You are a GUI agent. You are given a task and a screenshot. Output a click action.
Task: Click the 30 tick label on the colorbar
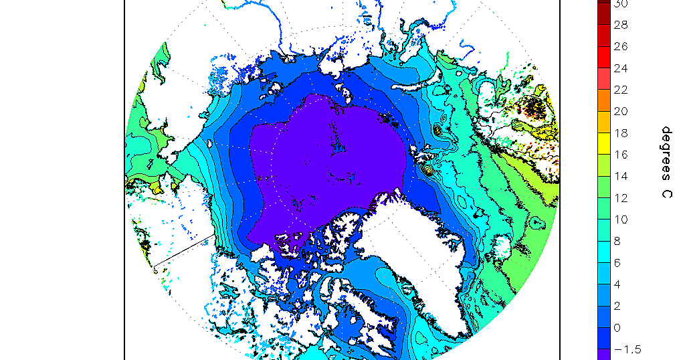point(621,3)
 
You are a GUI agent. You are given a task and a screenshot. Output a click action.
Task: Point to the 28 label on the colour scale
point(621,25)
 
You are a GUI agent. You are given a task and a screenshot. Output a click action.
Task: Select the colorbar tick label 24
point(621,68)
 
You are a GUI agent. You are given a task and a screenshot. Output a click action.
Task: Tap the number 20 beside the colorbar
point(621,111)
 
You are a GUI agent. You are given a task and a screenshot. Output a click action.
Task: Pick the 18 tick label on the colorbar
point(621,133)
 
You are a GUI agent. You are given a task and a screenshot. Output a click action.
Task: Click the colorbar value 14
point(621,176)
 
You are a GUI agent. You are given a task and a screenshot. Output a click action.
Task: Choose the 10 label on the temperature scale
point(621,219)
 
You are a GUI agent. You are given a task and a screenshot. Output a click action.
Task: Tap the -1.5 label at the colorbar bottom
point(627,349)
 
